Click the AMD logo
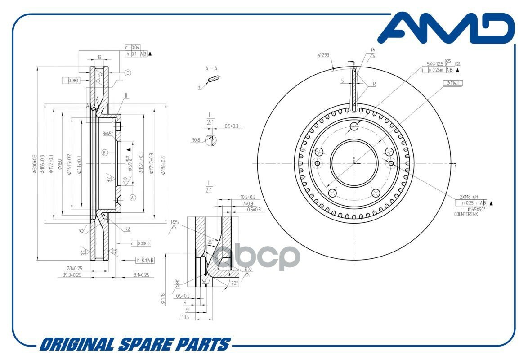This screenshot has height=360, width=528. pyautogui.click(x=445, y=29)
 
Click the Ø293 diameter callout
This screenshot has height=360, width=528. pyautogui.click(x=324, y=55)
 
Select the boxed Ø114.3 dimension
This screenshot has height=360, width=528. pyautogui.click(x=453, y=83)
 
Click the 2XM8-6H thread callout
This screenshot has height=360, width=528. pyautogui.click(x=469, y=197)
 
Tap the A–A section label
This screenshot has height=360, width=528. pyautogui.click(x=211, y=69)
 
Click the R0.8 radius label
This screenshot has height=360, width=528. pyautogui.click(x=196, y=140)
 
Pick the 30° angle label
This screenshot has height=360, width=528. pyautogui.click(x=234, y=283)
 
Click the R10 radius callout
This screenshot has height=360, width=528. pyautogui.click(x=248, y=270)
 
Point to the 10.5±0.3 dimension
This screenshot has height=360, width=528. pyautogui.click(x=248, y=197)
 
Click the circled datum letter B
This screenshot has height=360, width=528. pyautogui.click(x=104, y=153)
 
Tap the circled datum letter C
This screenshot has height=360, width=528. pyautogui.click(x=128, y=73)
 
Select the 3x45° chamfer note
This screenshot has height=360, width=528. pyautogui.click(x=108, y=133)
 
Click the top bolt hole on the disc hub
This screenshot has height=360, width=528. pyautogui.click(x=354, y=126)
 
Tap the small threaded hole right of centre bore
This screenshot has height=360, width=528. pyautogui.click(x=391, y=162)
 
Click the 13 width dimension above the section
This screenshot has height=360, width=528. pyautogui.click(x=99, y=58)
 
